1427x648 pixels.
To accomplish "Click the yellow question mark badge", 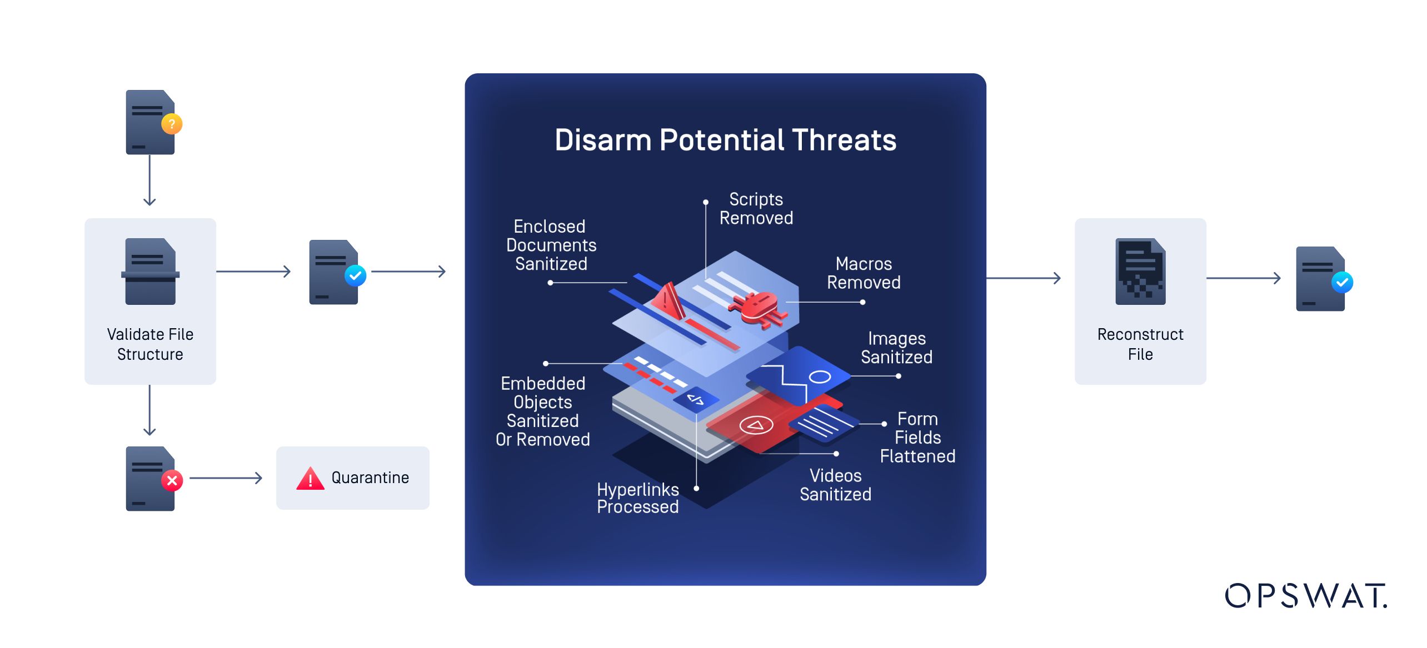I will (x=172, y=124).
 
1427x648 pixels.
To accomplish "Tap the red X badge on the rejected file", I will (x=172, y=480).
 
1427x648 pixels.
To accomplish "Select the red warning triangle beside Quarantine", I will (x=310, y=479).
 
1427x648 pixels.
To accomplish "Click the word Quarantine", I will (x=370, y=478).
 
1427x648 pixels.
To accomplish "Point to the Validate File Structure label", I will (x=150, y=344).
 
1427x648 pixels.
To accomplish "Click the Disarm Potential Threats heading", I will (x=725, y=140).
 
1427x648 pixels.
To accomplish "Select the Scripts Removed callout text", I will (x=756, y=209).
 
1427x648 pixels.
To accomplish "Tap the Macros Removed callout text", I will (x=864, y=273).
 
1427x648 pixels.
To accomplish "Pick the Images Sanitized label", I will (x=896, y=348).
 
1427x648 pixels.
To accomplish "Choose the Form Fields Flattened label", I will (x=917, y=438).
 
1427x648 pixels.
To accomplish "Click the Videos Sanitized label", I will (x=835, y=485).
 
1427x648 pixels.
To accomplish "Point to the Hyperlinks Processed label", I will (x=637, y=498).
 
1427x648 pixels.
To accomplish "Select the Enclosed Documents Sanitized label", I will (x=551, y=245).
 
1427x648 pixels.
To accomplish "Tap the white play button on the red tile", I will (x=756, y=425).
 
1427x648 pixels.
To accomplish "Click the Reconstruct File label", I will (x=1140, y=344).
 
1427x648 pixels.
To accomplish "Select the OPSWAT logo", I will (x=1305, y=596).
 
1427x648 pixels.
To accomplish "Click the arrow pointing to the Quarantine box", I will (x=226, y=478).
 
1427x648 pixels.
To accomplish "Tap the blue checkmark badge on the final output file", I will (x=1342, y=282).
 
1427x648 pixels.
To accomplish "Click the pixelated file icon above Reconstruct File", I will (x=1140, y=272).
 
